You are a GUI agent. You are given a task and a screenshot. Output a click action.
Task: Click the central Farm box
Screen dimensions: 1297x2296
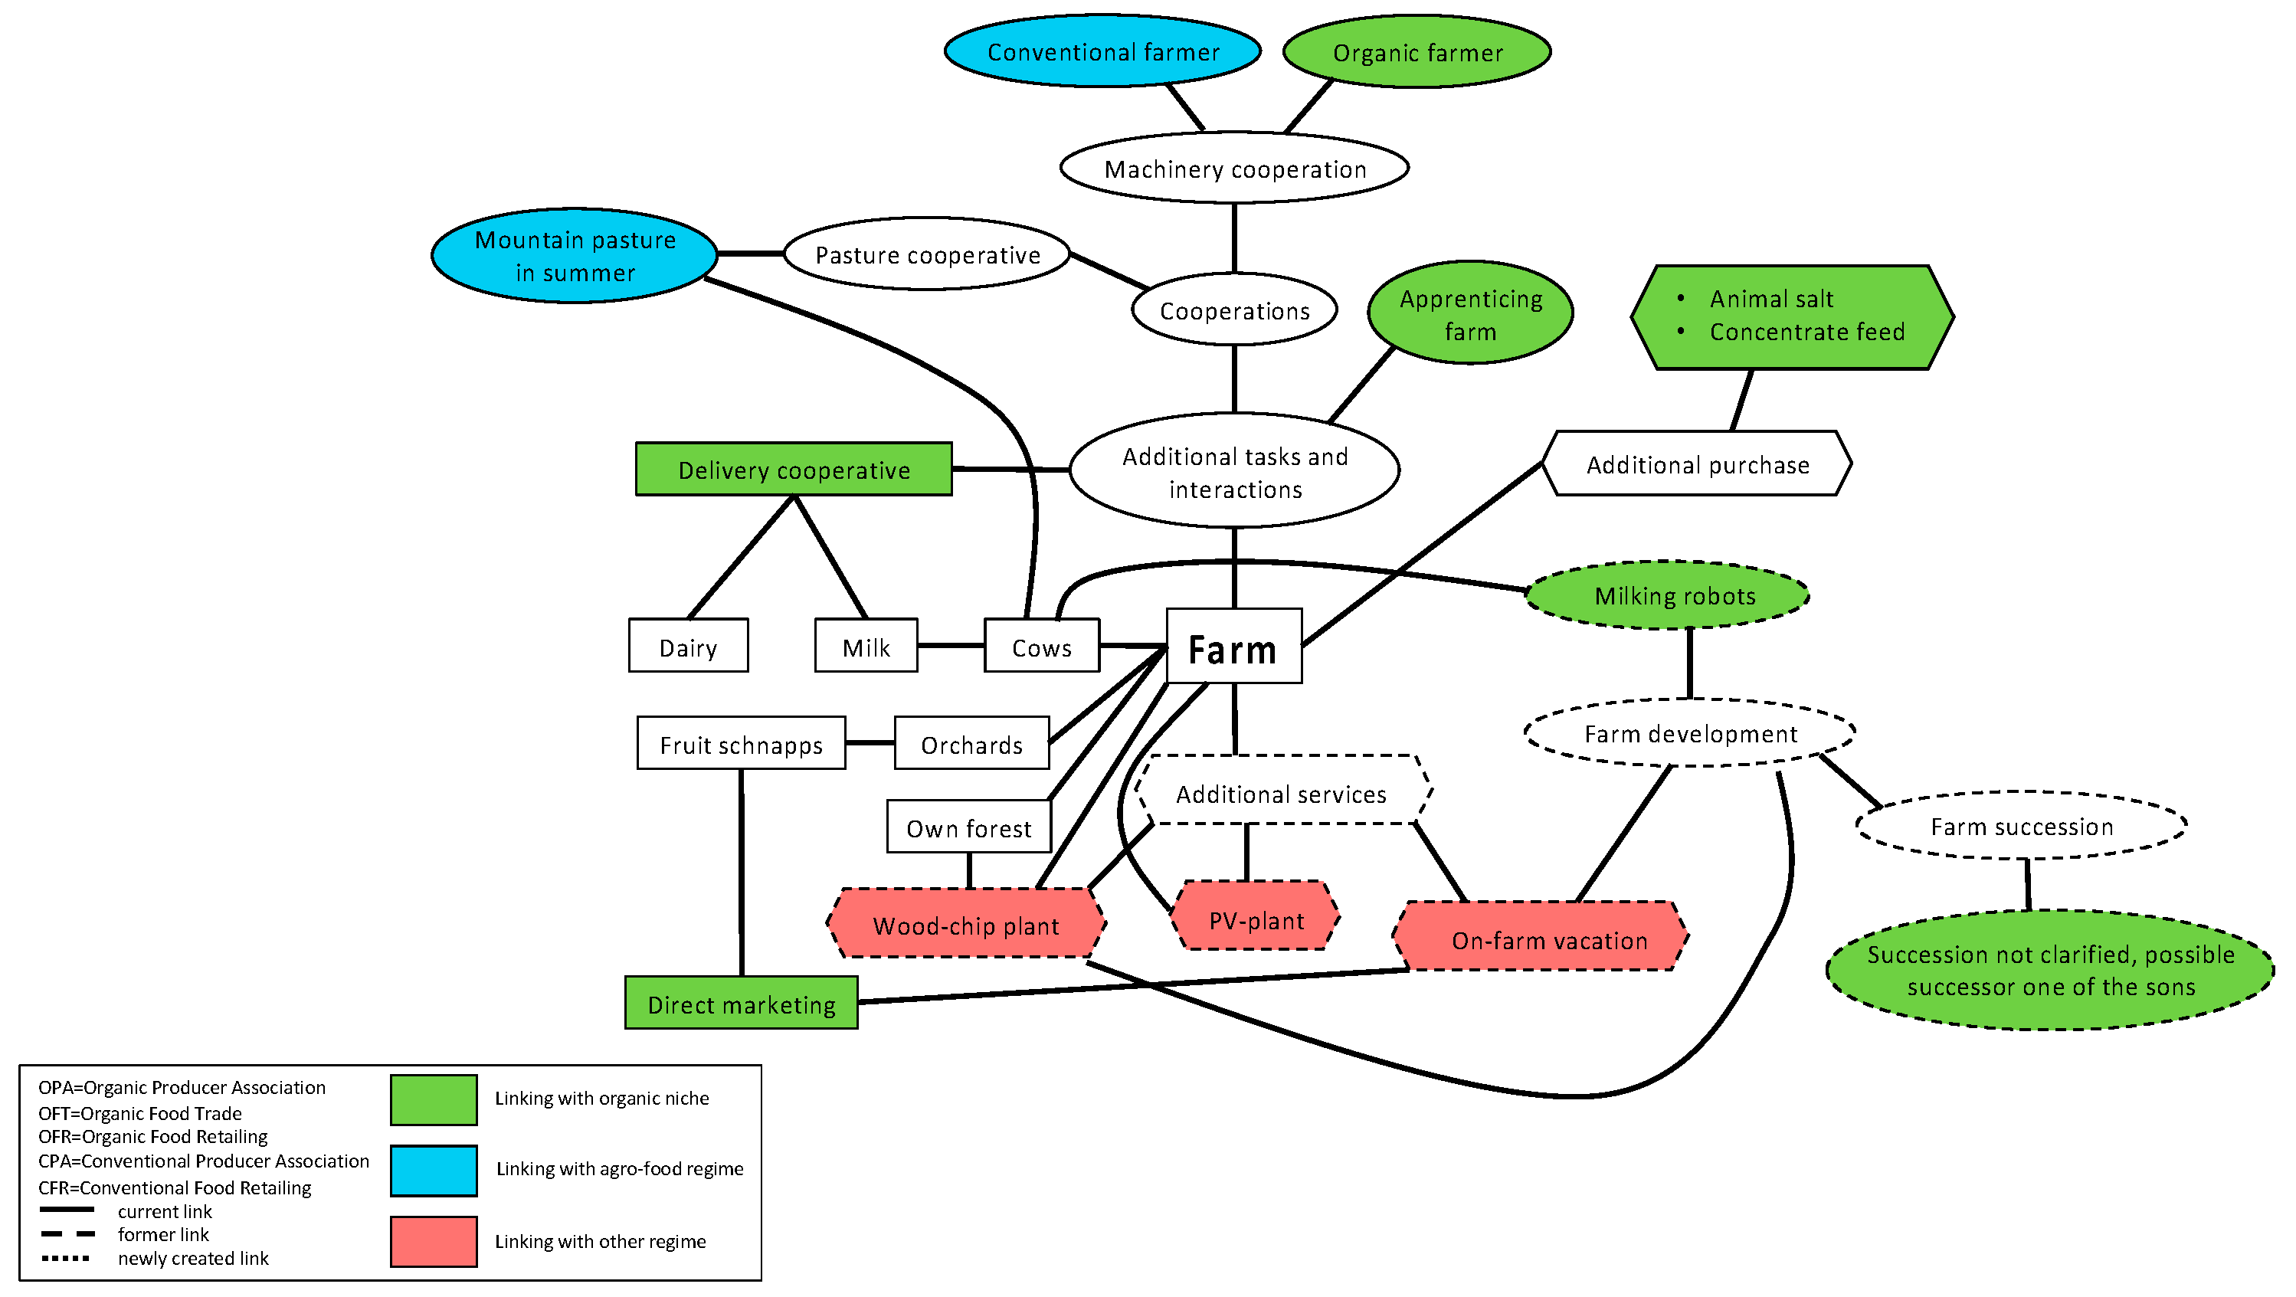coord(1233,647)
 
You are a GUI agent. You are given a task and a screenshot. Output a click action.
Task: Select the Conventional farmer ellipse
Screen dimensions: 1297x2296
coord(1102,51)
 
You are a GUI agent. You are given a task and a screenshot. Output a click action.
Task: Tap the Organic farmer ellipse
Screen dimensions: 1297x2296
coord(1417,53)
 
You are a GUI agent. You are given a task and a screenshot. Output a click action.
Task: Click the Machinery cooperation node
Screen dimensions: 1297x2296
coord(1234,169)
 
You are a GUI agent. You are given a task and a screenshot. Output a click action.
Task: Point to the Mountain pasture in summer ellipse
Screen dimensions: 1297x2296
coord(575,256)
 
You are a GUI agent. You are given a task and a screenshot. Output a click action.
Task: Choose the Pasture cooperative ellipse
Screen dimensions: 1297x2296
coord(927,255)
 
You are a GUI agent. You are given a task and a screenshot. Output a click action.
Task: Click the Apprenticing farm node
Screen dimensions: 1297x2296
coord(1471,314)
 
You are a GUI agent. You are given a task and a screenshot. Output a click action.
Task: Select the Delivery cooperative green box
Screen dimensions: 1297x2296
coord(793,470)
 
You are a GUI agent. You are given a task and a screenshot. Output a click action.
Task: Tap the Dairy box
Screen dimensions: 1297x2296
coord(688,647)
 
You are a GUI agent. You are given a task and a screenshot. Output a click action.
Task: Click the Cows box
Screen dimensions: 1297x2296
coord(1041,647)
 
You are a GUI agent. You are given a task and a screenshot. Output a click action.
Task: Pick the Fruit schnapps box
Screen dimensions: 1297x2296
coord(741,743)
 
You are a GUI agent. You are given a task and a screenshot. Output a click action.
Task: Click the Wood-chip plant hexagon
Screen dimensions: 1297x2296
coord(966,925)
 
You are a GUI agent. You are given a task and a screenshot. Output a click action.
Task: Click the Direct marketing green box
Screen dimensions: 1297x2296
coord(741,1004)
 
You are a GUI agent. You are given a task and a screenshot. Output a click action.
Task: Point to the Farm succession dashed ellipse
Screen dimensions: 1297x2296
coord(2022,825)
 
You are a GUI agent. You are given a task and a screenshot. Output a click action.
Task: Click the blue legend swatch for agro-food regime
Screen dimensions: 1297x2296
coord(433,1171)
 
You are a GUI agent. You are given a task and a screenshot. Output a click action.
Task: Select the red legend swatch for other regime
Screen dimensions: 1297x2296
coord(433,1241)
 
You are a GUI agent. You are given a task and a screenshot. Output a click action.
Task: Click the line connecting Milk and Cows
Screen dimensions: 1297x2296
coord(950,645)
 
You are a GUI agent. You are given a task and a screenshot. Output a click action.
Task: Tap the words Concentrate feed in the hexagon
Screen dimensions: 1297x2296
coord(1806,332)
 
